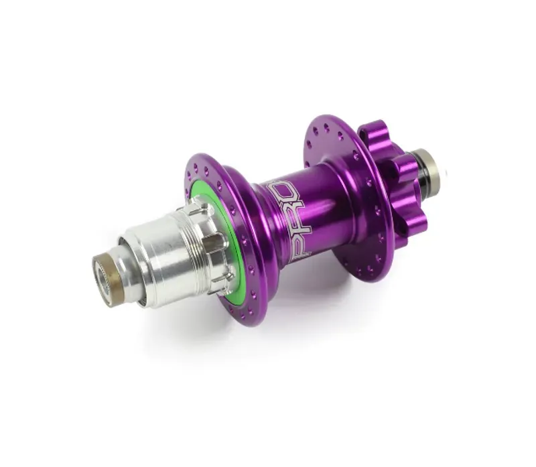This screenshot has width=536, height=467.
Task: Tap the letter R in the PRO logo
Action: click(288, 218)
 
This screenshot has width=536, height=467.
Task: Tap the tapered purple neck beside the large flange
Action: click(258, 228)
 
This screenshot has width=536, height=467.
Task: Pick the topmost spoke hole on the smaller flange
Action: click(327, 125)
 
